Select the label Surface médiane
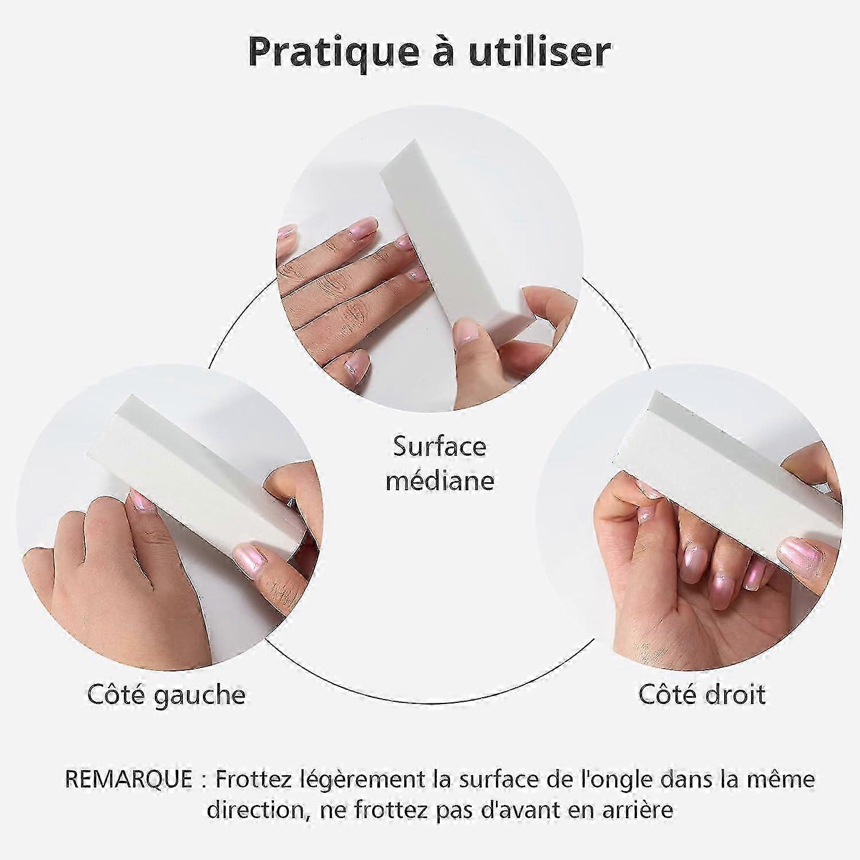pos(440,463)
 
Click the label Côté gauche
pos(166,695)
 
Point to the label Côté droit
pos(702,694)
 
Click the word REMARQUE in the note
pos(128,779)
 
